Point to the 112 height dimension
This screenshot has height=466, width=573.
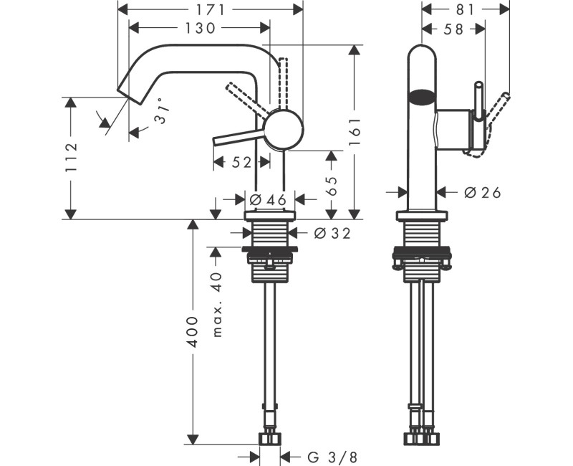69,158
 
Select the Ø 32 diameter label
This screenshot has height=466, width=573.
332,232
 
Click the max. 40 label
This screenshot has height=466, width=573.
218,304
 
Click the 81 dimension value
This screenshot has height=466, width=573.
466,9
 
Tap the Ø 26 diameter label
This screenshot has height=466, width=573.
481,191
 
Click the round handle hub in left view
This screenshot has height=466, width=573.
284,130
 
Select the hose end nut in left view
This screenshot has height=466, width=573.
269,438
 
